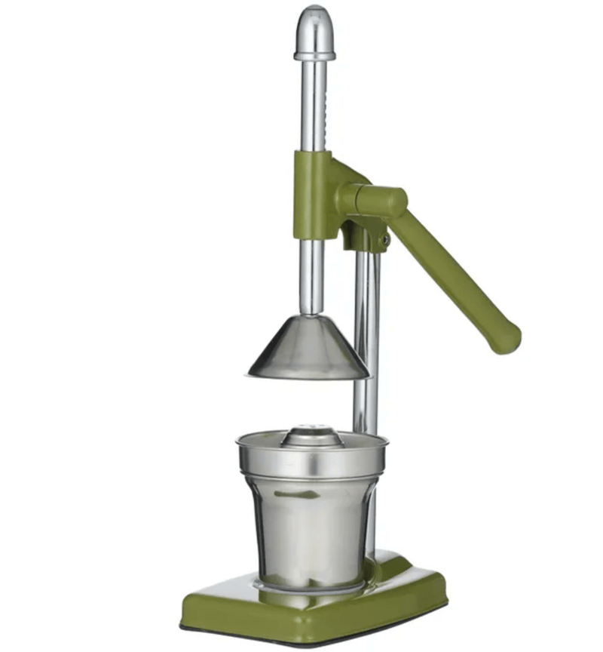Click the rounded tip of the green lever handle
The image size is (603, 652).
coord(507,339)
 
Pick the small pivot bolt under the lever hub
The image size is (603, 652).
coord(384,241)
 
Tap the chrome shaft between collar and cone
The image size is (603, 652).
coord(311,275)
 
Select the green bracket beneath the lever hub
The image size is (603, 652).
coord(360,235)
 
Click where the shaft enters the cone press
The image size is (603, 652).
coord(311,315)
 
